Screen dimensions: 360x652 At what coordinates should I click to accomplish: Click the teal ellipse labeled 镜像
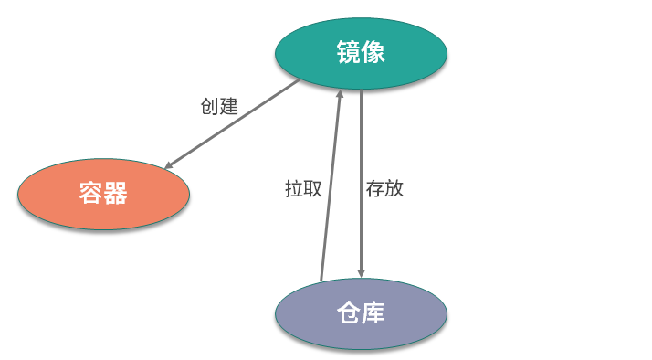pos(361,52)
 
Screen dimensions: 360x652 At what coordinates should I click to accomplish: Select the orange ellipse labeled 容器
pos(103,194)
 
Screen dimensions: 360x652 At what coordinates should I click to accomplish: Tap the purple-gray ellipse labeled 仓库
pos(361,313)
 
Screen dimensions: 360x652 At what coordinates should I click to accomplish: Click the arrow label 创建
pos(219,106)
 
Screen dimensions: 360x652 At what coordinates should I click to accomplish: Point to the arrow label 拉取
pos(303,188)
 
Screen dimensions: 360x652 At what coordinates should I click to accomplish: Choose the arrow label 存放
pos(384,188)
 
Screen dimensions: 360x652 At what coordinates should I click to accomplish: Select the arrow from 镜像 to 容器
pos(233,124)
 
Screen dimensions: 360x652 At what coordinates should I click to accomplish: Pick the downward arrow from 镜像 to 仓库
pos(362,183)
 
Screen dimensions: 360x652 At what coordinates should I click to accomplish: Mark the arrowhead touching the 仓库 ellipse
pos(362,271)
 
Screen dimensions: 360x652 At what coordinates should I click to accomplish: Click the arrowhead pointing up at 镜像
pos(340,94)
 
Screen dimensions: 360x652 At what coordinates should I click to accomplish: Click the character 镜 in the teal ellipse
pos(347,52)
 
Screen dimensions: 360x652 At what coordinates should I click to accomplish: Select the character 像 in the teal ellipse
pos(373,52)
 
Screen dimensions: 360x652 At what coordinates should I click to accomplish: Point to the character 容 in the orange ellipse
pos(89,194)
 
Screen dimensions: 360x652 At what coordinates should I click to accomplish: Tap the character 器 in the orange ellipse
pos(116,194)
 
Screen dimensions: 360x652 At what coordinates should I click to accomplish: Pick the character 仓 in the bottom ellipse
pos(347,313)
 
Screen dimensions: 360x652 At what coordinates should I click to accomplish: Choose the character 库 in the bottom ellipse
pos(373,313)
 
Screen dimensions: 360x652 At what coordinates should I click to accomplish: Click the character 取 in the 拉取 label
pos(312,188)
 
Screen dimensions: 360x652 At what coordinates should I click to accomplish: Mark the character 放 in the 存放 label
pos(394,188)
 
